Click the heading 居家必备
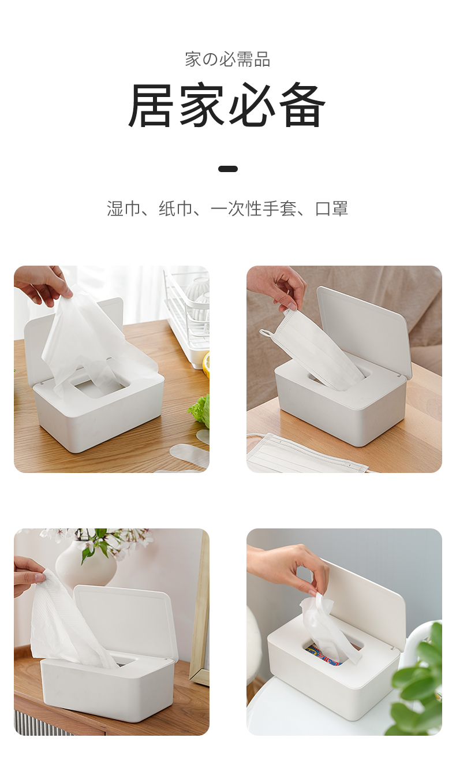pyautogui.click(x=227, y=105)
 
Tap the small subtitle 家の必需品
pyautogui.click(x=227, y=59)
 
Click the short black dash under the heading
pyautogui.click(x=228, y=169)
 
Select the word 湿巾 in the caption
pyautogui.click(x=124, y=208)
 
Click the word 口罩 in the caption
pyautogui.click(x=331, y=208)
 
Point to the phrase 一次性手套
pyautogui.click(x=254, y=208)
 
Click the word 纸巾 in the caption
pyautogui.click(x=175, y=208)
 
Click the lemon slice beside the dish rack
pyautogui.click(x=205, y=364)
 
